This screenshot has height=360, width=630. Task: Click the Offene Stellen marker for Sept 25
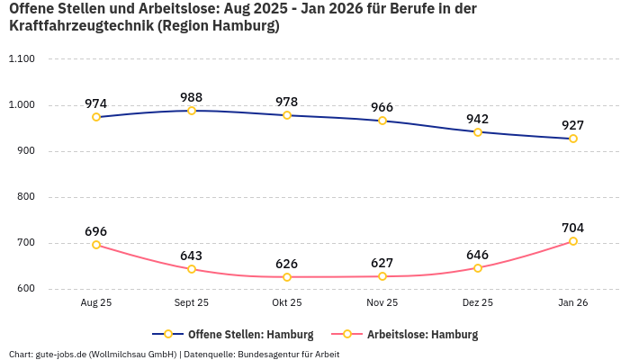(x=192, y=111)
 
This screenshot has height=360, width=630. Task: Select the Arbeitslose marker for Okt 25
(x=287, y=277)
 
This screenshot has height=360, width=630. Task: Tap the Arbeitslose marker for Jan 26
(x=573, y=241)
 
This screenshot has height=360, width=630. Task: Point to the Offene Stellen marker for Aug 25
(x=96, y=117)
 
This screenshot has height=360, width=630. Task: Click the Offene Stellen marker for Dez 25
(x=478, y=132)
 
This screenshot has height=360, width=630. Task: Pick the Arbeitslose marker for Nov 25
(x=382, y=276)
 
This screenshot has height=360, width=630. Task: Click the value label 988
(x=192, y=97)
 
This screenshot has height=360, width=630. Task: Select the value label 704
(x=573, y=228)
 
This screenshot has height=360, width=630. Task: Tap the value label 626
(x=287, y=264)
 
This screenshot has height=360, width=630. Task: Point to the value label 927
(x=573, y=125)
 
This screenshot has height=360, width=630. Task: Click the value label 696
(x=96, y=231)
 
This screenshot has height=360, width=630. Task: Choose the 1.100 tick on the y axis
(x=21, y=59)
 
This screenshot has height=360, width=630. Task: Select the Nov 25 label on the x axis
(x=382, y=303)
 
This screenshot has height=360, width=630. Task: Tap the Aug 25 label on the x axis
(x=96, y=303)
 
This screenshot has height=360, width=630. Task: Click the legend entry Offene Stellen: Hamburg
(x=233, y=334)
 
